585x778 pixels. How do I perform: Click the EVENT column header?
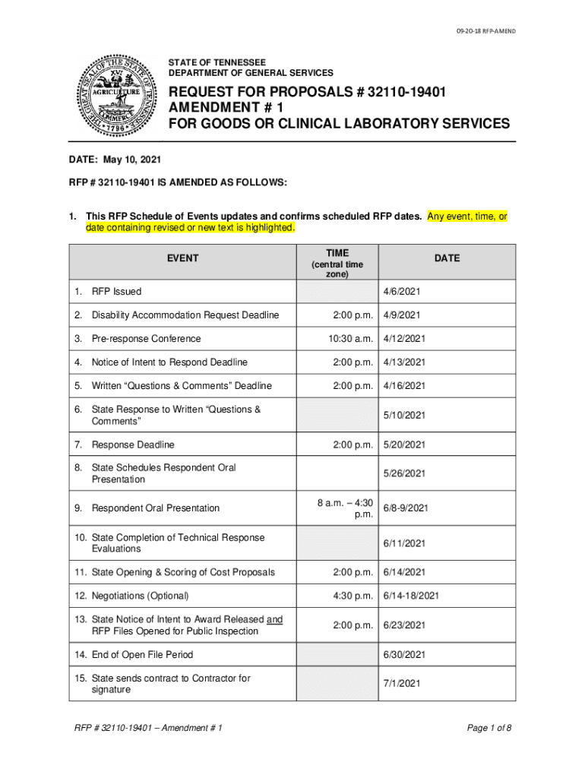182,258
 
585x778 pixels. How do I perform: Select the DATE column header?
447,258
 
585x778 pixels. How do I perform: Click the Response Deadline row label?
133,444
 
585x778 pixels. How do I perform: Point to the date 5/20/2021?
404,444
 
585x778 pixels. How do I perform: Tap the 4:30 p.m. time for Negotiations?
351,596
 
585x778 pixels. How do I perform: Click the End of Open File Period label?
142,655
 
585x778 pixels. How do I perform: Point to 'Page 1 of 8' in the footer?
489,729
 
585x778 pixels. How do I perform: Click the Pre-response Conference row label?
146,339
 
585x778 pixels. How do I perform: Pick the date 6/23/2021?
404,625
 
